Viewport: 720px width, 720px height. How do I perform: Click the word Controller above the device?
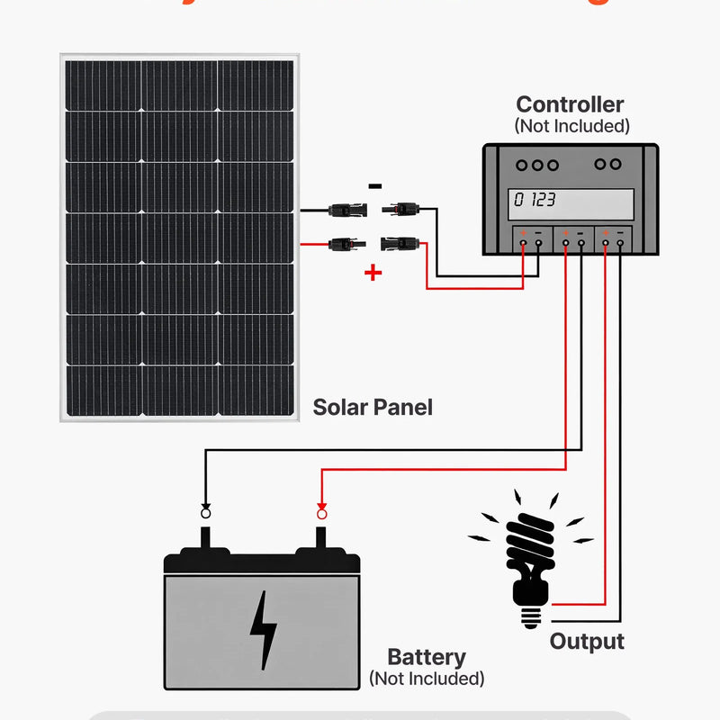[x=570, y=104]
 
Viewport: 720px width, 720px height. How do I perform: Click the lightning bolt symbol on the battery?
[x=263, y=630]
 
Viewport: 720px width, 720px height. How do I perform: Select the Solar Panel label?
[x=373, y=407]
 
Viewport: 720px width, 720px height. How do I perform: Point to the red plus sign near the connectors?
[x=373, y=273]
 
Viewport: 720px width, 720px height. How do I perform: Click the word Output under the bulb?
[x=587, y=642]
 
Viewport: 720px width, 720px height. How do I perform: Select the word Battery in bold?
[x=426, y=657]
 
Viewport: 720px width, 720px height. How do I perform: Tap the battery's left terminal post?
[x=206, y=538]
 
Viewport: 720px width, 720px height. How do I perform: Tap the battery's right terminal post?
[x=321, y=538]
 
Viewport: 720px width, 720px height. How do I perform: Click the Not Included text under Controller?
[x=571, y=126]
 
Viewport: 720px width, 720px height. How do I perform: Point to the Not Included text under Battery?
[x=427, y=678]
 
